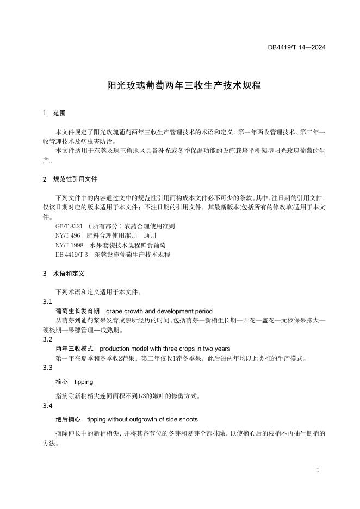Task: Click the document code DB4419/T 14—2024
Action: tap(296, 47)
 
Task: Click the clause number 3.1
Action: tap(47, 302)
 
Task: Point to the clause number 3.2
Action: tap(47, 339)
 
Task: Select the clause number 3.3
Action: tap(47, 368)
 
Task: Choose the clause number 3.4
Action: tap(47, 406)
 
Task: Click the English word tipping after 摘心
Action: tap(83, 382)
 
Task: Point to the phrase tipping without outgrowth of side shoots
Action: tap(142, 419)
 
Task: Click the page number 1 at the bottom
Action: tap(317, 469)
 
